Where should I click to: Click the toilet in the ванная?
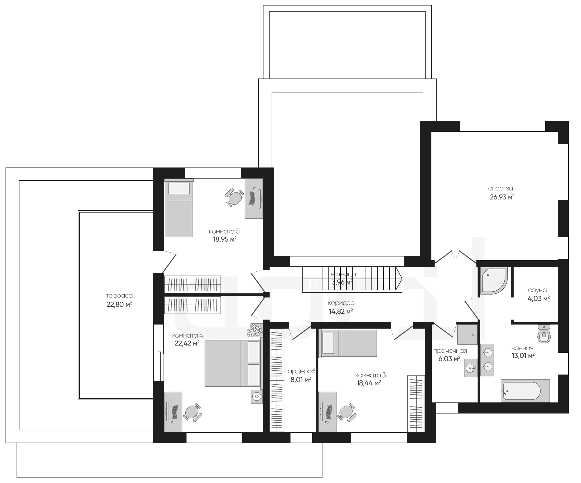[544, 334]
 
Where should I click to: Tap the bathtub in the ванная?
[525, 391]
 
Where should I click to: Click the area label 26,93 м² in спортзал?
[502, 197]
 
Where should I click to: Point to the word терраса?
[119, 296]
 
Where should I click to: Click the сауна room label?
[537, 290]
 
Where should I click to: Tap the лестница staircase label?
[341, 274]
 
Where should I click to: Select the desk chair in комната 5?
[235, 197]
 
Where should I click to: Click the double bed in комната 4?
[232, 363]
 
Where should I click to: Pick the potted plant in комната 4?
[255, 330]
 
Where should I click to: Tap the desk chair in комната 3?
[347, 412]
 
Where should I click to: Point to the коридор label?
[341, 303]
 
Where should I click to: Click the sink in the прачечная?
[471, 368]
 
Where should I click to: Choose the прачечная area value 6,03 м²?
[449, 359]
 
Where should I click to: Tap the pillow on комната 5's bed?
[179, 188]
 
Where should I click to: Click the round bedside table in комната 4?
[257, 396]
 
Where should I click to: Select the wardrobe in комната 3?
[416, 404]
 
